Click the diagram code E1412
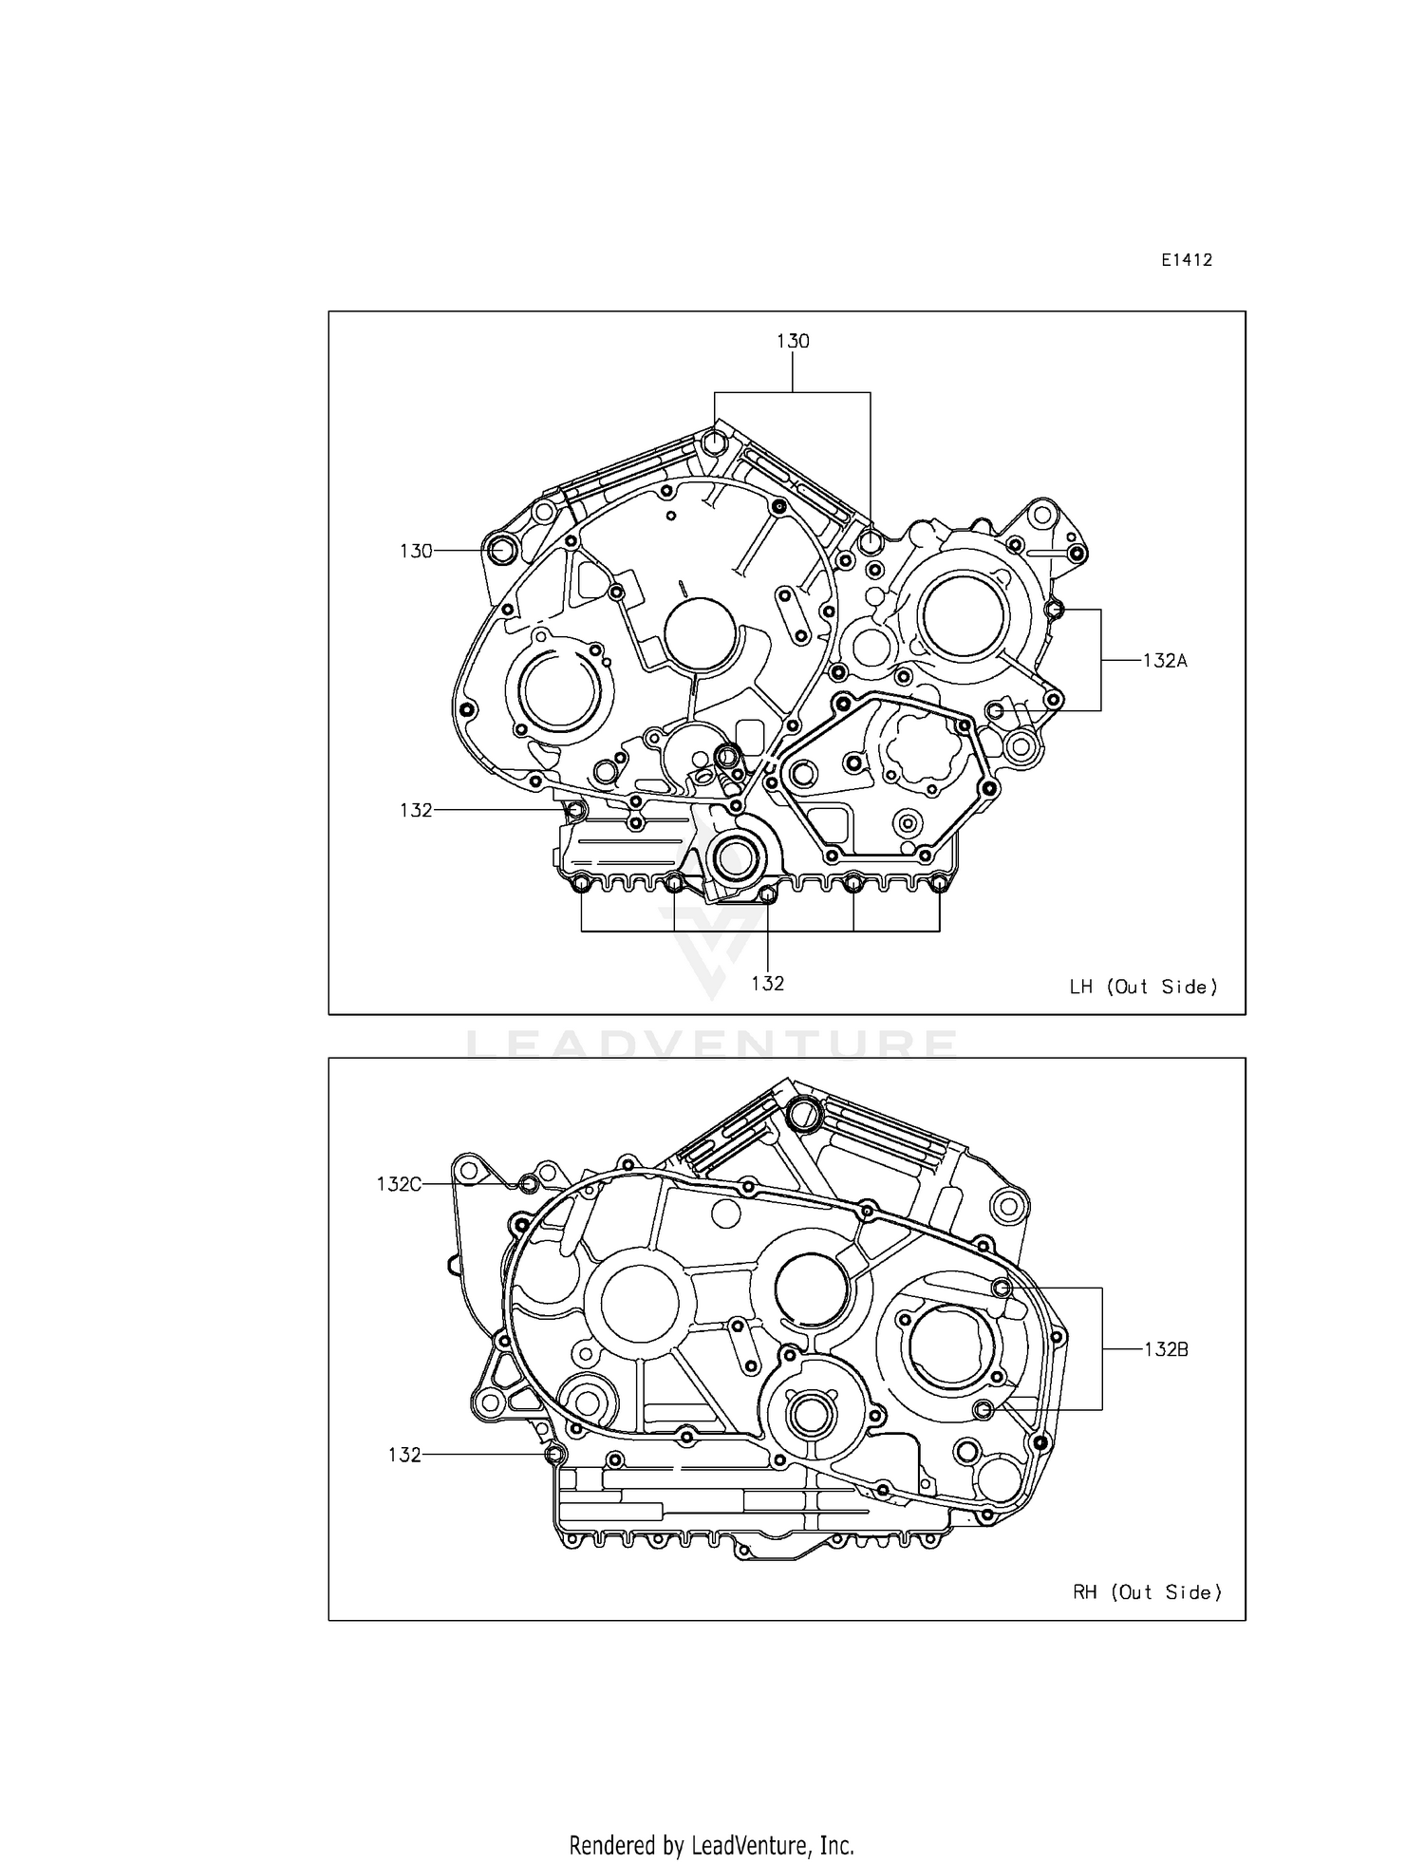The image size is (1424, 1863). (1186, 260)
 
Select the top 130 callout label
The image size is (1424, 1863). (793, 341)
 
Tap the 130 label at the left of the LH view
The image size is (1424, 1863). (416, 551)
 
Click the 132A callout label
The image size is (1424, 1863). (1165, 661)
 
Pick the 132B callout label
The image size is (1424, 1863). (1166, 1349)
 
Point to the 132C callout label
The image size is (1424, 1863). (399, 1184)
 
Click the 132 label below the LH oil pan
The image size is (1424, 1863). (767, 984)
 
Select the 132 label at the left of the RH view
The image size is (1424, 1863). (404, 1455)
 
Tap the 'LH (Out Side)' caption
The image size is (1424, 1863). (1143, 987)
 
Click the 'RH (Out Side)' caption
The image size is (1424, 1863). (1147, 1592)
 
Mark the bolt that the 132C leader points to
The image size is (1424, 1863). (529, 1184)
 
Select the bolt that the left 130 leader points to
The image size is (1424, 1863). (500, 549)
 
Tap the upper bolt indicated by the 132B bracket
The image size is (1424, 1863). (1001, 1288)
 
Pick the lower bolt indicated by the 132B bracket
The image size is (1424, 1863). (984, 1409)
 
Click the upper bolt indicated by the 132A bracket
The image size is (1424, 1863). (1053, 609)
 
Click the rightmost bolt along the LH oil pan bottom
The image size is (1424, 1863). (939, 885)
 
